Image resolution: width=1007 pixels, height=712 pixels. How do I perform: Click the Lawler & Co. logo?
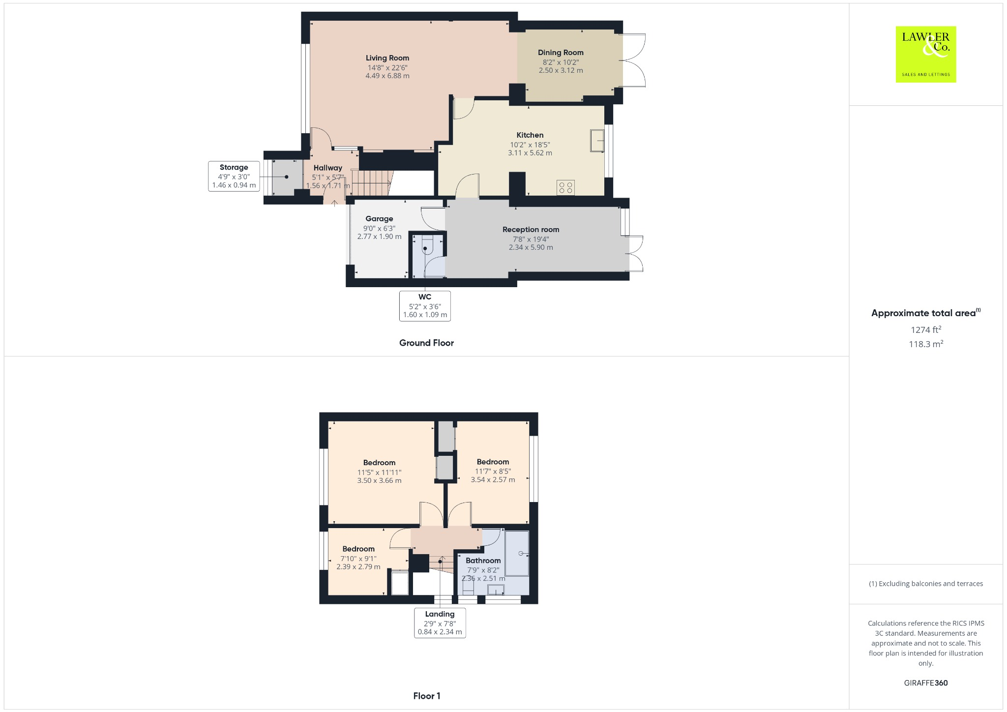click(x=925, y=54)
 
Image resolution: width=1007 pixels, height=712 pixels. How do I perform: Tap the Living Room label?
click(x=387, y=58)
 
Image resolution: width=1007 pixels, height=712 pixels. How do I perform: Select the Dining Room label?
click(x=561, y=53)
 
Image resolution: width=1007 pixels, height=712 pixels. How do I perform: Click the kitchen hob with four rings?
click(x=565, y=187)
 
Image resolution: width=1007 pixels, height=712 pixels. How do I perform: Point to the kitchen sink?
click(x=597, y=141)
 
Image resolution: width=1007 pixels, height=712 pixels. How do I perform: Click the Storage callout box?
click(x=234, y=176)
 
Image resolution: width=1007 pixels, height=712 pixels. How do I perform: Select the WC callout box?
click(x=425, y=306)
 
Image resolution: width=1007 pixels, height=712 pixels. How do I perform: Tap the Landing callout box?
click(x=440, y=623)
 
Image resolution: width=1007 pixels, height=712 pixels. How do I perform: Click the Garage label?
click(x=379, y=219)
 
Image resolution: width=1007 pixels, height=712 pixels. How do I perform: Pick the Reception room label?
click(x=531, y=230)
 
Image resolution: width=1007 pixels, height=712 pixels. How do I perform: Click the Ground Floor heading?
click(x=426, y=343)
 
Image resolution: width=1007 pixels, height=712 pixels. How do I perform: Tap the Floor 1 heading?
click(x=426, y=696)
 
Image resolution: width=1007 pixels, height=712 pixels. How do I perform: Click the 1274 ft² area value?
click(x=925, y=330)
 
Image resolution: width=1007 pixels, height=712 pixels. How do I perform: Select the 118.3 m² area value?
click(x=925, y=344)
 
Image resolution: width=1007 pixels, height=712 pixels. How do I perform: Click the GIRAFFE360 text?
click(x=925, y=683)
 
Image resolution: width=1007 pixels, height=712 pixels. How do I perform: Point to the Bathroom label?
click(x=483, y=561)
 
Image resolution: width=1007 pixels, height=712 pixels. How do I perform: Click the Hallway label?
click(x=327, y=168)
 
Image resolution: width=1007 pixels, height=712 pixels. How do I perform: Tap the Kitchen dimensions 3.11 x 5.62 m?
click(x=530, y=153)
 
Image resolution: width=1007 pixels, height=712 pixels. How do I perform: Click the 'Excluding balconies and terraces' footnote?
click(x=925, y=584)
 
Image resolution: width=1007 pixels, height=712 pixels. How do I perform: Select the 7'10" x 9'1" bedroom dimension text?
click(x=358, y=559)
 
